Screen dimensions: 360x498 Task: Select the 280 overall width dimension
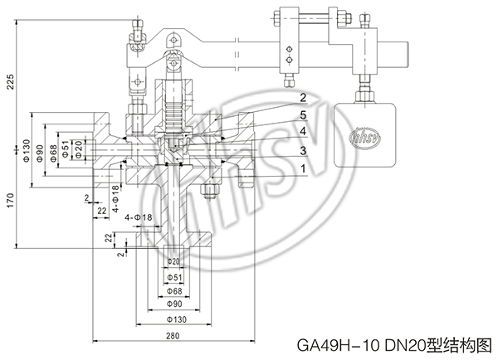pyautogui.click(x=173, y=336)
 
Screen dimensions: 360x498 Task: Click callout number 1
pyautogui.click(x=304, y=168)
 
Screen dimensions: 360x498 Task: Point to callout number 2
pyautogui.click(x=304, y=98)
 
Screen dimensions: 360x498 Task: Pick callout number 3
pyautogui.click(x=304, y=149)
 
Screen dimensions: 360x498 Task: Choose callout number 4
pyautogui.click(x=304, y=131)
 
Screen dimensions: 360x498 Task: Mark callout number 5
pyautogui.click(x=304, y=114)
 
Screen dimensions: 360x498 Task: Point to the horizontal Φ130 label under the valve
pyautogui.click(x=174, y=319)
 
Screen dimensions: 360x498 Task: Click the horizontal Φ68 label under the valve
pyautogui.click(x=174, y=292)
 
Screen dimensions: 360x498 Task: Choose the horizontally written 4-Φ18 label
pyautogui.click(x=139, y=217)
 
